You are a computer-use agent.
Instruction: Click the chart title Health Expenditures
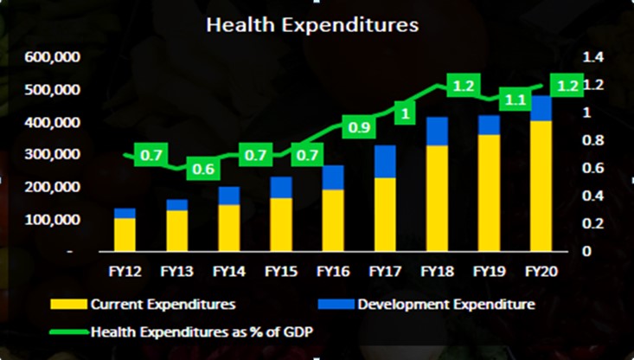tap(311, 26)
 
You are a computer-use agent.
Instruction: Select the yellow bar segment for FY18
tap(437, 199)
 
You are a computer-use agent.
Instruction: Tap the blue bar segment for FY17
tap(384, 162)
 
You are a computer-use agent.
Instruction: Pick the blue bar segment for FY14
tap(229, 196)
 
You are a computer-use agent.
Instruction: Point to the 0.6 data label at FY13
tap(203, 170)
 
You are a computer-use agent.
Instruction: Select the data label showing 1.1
tap(516, 100)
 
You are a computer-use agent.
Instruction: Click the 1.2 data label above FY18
tap(464, 87)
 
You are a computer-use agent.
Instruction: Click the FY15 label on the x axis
tap(281, 272)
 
